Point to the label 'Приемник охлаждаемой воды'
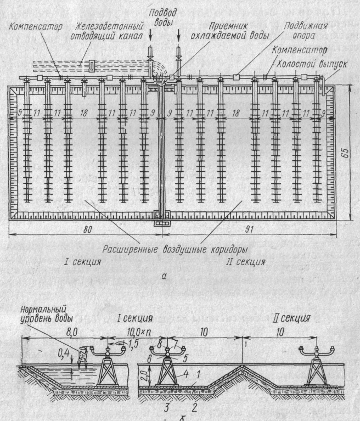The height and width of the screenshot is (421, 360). pyautogui.click(x=233, y=31)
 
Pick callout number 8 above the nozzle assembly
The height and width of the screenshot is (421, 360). pyautogui.click(x=160, y=345)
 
